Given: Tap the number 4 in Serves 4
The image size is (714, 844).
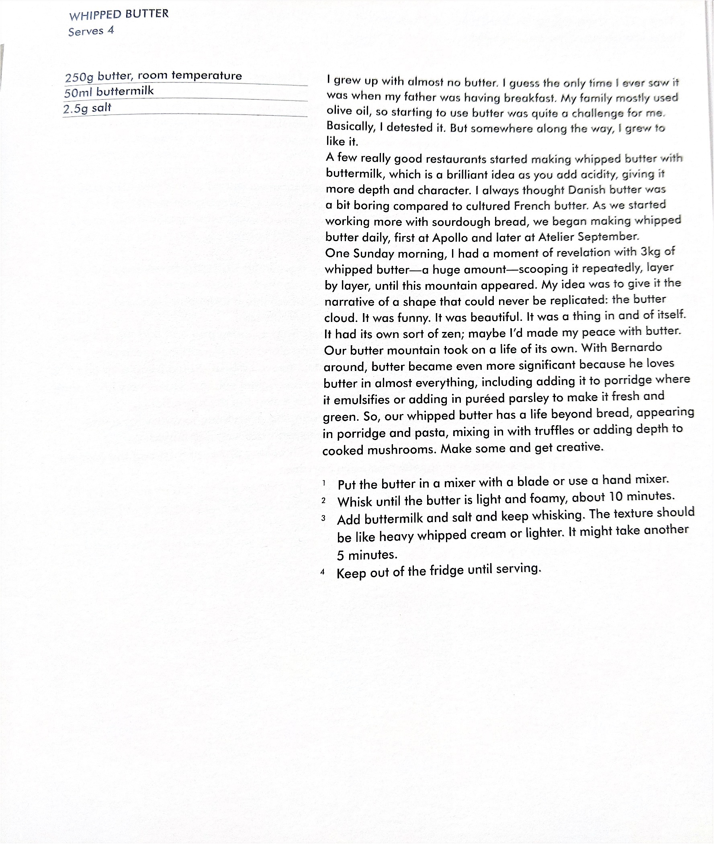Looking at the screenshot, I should coord(110,31).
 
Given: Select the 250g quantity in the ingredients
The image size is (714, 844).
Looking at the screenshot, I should coord(79,77).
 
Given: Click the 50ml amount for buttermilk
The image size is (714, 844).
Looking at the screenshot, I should coord(78,93).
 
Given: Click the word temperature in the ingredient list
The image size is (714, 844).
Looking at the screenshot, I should coord(207,75).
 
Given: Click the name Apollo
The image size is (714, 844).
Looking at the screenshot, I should coord(450,238).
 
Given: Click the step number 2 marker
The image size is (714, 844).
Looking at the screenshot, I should coord(323,500).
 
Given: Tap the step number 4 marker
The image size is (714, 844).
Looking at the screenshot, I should coord(323,572).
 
